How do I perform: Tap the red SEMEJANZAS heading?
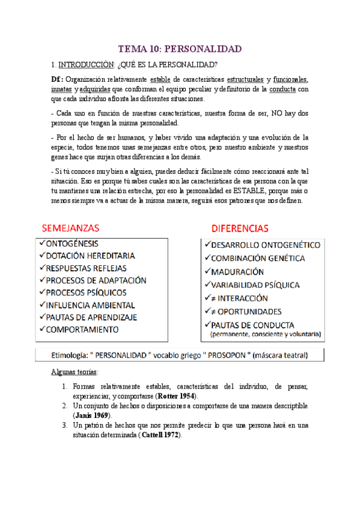[x=70, y=229]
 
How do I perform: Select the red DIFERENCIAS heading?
[x=239, y=229]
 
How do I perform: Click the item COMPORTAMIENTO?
[x=82, y=329]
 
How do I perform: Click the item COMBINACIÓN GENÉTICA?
[x=258, y=258]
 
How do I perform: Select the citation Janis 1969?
[x=93, y=415]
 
